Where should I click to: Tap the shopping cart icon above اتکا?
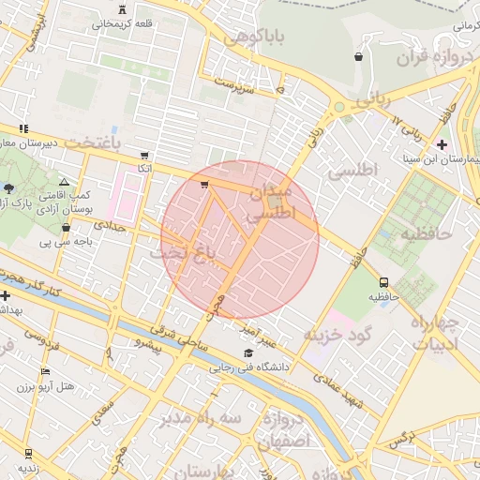point(143,156)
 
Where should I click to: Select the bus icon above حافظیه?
point(383,282)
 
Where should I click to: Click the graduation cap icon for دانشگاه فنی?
point(247,353)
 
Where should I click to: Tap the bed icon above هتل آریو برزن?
point(45,372)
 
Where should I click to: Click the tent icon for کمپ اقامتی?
point(64,181)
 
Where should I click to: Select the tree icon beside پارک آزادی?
point(8,187)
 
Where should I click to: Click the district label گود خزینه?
point(337,334)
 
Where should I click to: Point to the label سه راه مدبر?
point(202,417)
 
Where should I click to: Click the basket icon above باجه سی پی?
point(66,227)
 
